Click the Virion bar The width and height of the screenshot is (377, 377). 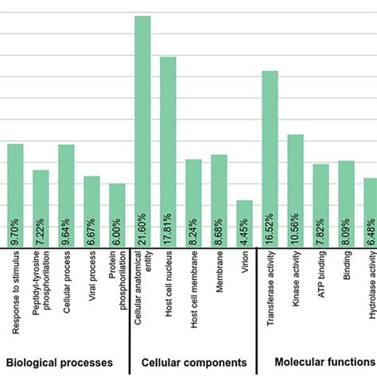point(244,223)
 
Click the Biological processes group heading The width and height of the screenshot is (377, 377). point(60,364)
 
